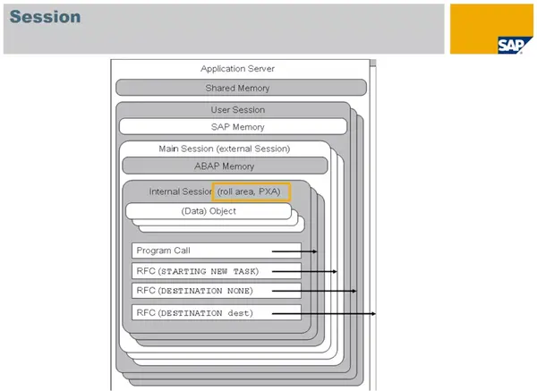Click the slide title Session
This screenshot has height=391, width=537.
[x=46, y=17]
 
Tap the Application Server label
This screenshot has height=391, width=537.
[x=237, y=68]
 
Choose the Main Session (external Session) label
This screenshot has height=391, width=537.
[x=224, y=148]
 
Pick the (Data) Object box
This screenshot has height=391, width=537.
[x=208, y=211]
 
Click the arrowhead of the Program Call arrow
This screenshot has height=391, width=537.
[x=315, y=251]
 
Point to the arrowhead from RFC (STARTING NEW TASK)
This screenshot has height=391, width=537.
[x=336, y=270]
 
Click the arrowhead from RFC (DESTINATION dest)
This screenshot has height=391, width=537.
[x=374, y=312]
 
